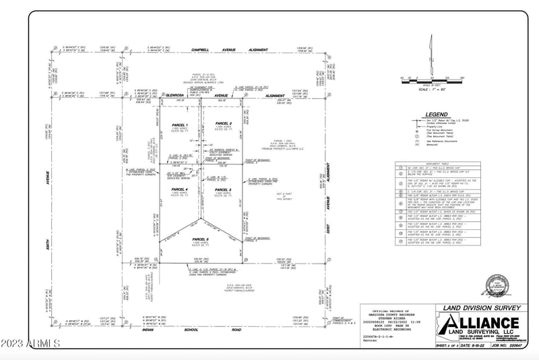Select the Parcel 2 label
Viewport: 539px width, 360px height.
point(223,124)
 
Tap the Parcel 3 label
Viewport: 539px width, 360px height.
point(223,189)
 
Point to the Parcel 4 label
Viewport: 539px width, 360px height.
point(179,189)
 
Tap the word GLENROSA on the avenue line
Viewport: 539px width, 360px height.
point(176,96)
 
